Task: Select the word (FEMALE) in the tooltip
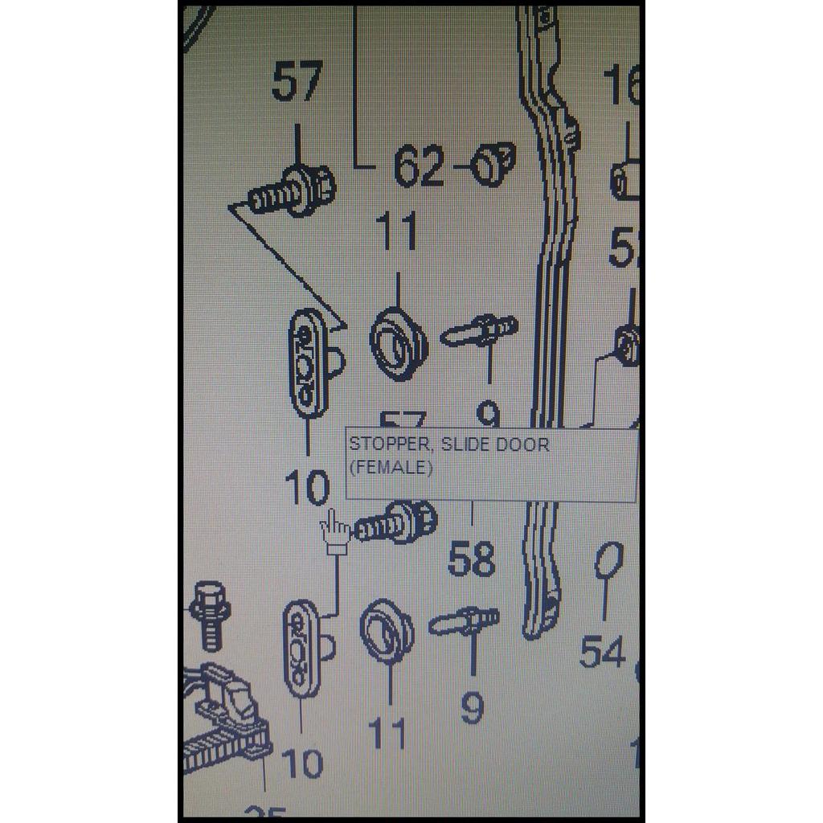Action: [x=390, y=468]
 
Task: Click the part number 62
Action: [x=419, y=168]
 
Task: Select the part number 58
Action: [x=471, y=559]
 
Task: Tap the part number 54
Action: [x=602, y=650]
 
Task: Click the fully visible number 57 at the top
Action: [x=297, y=81]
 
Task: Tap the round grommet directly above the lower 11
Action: [x=387, y=631]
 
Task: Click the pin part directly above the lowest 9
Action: [x=465, y=622]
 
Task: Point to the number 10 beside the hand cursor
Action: [x=307, y=488]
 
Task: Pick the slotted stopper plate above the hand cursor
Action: [x=309, y=363]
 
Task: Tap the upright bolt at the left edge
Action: [x=211, y=616]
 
